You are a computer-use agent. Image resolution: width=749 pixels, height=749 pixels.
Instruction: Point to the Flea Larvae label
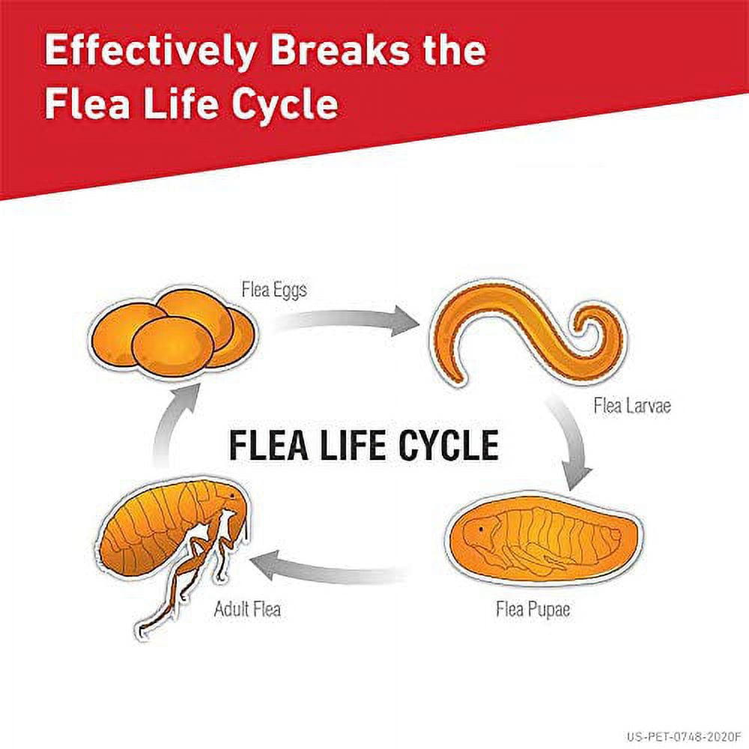point(631,407)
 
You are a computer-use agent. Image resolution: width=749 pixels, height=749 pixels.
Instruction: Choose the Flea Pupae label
point(533,609)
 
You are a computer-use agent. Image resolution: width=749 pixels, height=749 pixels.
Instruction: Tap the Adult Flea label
point(247,609)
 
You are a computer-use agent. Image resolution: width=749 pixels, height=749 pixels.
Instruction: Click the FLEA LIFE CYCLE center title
point(363,446)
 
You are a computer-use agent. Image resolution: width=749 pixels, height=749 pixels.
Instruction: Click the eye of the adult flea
point(231,496)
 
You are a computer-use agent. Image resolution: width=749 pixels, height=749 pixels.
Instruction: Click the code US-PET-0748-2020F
point(683,736)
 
